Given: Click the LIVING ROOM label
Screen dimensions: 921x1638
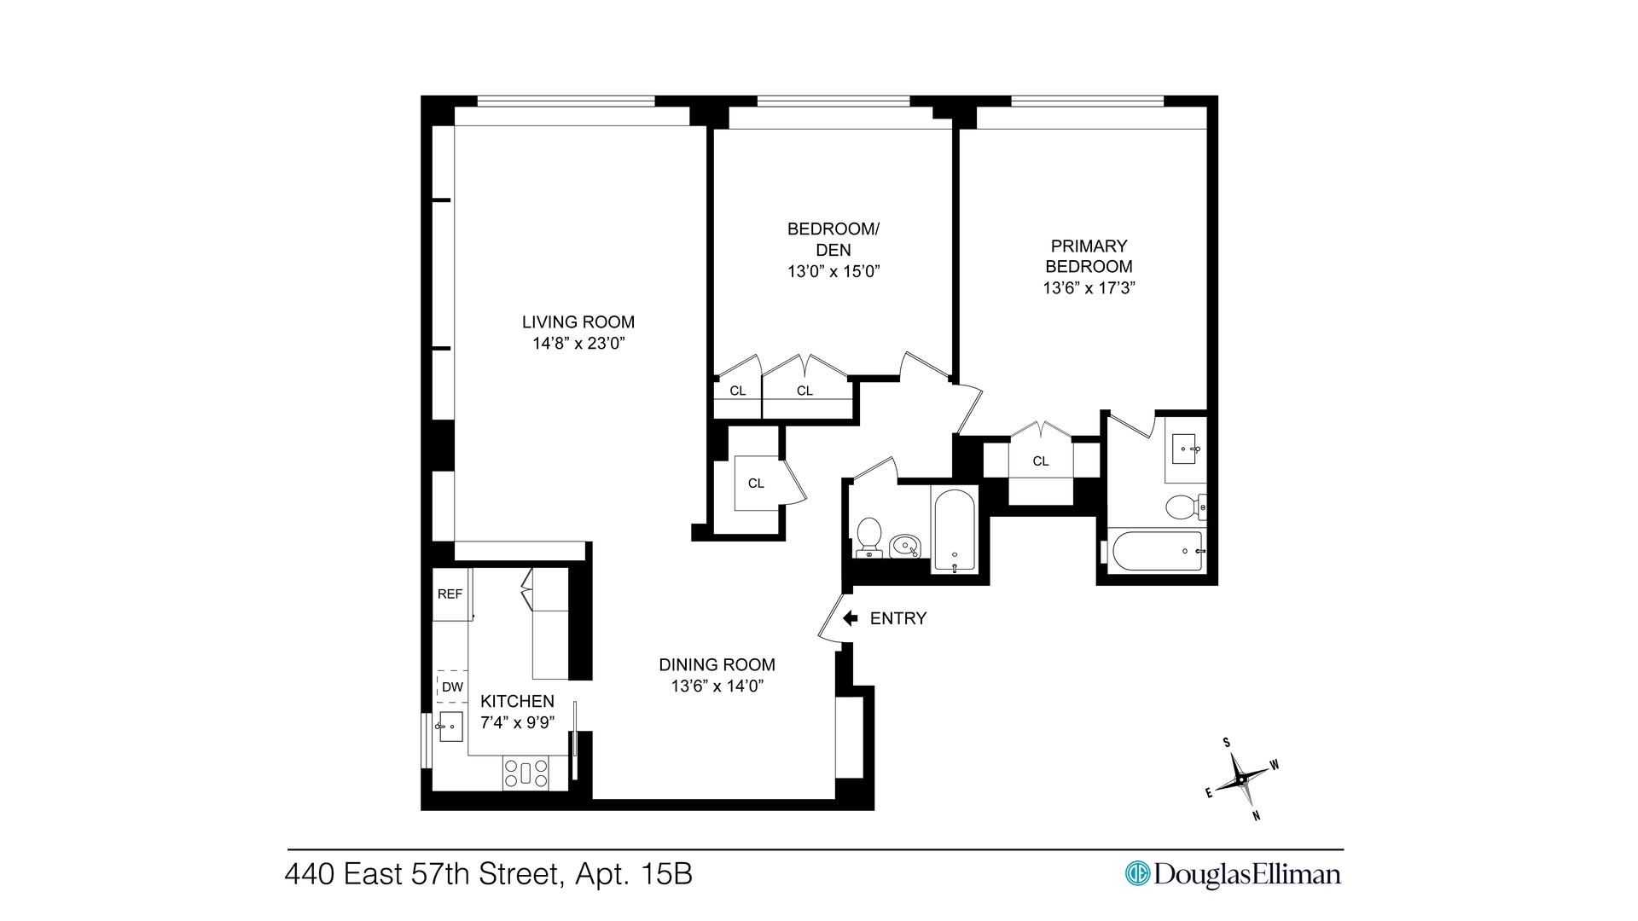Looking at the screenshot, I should (578, 322).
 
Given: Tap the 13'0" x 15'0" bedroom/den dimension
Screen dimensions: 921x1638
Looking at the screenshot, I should (833, 272).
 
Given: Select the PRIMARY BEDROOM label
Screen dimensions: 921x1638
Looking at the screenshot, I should (1089, 256).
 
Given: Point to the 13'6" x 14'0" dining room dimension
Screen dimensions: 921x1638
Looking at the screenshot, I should (717, 686).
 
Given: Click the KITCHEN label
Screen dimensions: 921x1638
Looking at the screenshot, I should (517, 701).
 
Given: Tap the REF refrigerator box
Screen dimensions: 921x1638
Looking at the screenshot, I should (450, 594).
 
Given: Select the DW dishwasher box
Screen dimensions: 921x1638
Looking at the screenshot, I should (452, 686).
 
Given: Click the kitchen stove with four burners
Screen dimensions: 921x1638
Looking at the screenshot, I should (526, 773).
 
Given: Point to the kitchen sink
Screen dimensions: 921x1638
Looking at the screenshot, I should (450, 727).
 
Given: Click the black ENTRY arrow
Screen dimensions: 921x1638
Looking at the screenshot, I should (850, 618).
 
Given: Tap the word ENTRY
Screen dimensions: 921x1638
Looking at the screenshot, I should (897, 618).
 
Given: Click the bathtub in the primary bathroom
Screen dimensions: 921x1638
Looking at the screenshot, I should (1157, 551).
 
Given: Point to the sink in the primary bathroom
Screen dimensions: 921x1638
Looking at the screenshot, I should (1185, 449).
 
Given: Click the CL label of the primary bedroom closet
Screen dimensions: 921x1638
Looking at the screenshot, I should (1040, 461).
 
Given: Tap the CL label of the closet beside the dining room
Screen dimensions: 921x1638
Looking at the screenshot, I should (756, 484).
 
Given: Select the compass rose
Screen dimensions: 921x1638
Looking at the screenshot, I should (1242, 779).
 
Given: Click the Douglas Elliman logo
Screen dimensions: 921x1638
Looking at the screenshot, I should (1233, 874).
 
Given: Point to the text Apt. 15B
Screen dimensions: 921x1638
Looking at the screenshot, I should (633, 875).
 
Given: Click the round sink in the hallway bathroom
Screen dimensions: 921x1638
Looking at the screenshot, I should (905, 545).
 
